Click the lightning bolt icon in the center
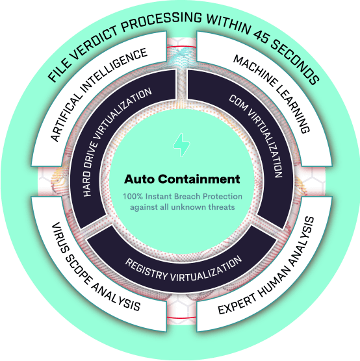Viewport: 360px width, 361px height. click(x=181, y=145)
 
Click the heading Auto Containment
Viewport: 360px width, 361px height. click(x=182, y=179)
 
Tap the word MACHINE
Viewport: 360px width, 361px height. click(x=255, y=71)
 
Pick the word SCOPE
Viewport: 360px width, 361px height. click(x=78, y=270)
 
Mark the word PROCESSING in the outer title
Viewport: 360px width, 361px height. click(x=161, y=21)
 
